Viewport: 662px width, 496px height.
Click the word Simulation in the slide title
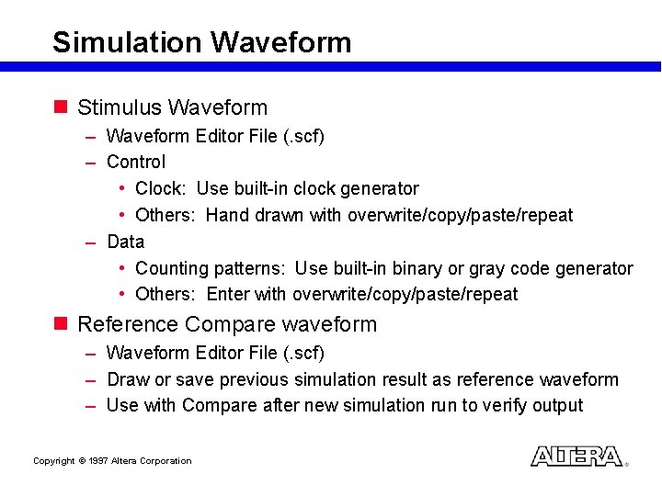pos(127,42)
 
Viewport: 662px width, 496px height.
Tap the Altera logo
pos(576,457)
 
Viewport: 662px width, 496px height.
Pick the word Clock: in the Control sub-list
pos(161,188)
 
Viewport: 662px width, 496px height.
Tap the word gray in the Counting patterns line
pos(487,268)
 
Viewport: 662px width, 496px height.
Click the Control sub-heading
pos(136,162)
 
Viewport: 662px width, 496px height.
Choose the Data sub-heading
pos(126,242)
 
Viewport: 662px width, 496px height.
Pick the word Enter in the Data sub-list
pos(227,294)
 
